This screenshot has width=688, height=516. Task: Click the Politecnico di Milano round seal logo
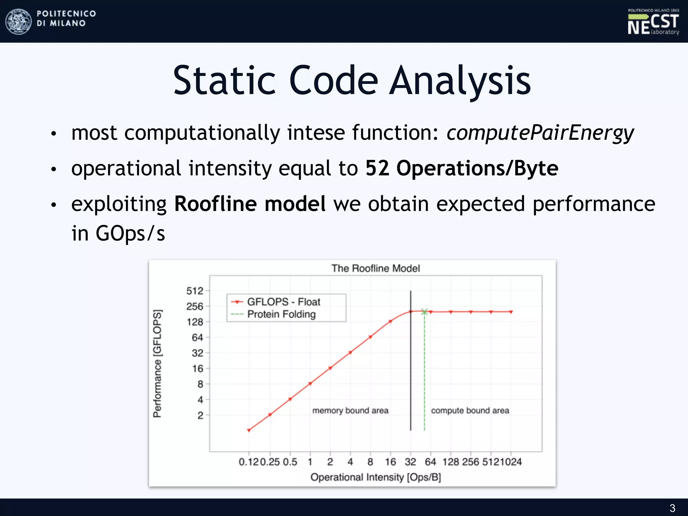(19, 21)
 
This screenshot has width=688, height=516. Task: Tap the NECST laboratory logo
(653, 22)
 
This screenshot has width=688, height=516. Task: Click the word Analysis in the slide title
(460, 81)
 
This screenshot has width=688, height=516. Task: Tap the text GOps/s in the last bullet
(130, 233)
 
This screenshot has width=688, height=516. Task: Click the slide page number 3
(672, 508)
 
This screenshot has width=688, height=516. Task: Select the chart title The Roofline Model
(376, 268)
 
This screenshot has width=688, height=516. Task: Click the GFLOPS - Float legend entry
(275, 302)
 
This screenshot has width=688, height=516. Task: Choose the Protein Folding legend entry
(273, 314)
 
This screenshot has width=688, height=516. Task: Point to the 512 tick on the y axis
(195, 291)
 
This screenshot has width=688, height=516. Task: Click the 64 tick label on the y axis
(198, 337)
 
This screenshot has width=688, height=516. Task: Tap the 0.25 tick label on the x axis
(270, 462)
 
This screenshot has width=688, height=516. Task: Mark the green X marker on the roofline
(425, 312)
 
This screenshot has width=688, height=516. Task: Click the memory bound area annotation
(350, 411)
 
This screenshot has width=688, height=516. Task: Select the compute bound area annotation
(470, 411)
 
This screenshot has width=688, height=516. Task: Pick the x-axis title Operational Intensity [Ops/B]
(376, 477)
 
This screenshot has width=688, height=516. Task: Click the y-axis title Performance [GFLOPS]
(157, 363)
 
